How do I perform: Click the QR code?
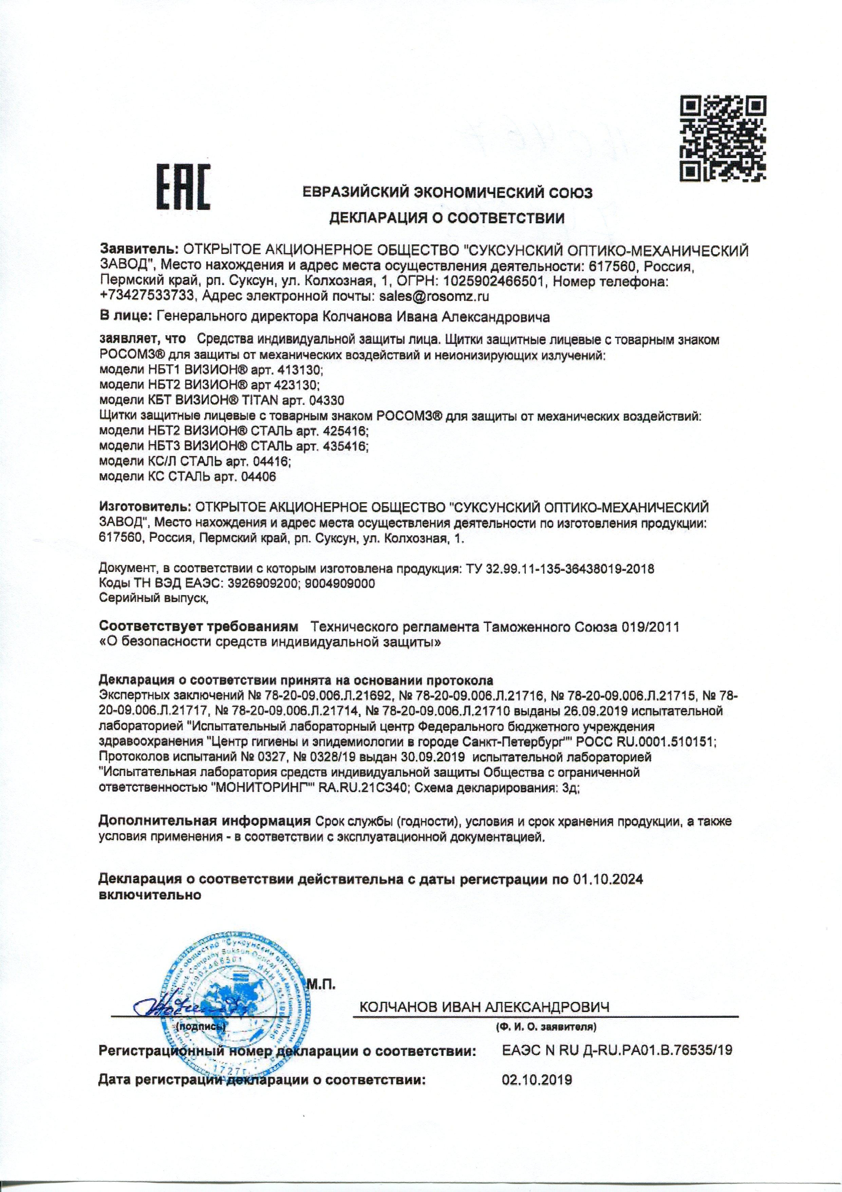click(x=723, y=139)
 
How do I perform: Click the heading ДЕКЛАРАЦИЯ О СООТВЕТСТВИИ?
click(x=447, y=218)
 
